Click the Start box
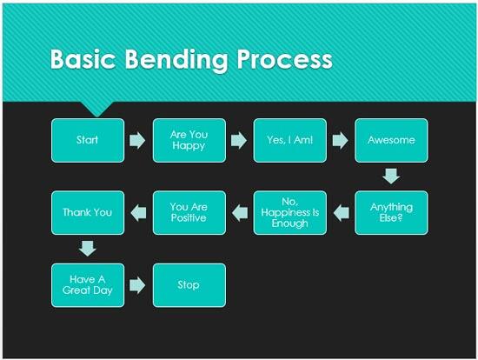click(x=87, y=140)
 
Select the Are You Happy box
click(x=189, y=140)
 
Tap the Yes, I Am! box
click(x=289, y=140)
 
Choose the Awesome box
click(x=391, y=140)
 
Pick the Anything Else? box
click(x=391, y=212)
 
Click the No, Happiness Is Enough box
click(x=289, y=212)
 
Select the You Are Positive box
click(x=189, y=212)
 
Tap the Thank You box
click(x=87, y=212)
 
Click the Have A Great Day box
click(x=87, y=284)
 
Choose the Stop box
click(x=189, y=284)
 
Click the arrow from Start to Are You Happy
click(x=137, y=140)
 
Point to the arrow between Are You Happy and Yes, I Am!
click(x=239, y=140)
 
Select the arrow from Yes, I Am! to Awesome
click(x=340, y=140)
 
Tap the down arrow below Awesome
click(x=391, y=176)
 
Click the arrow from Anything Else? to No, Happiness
click(x=340, y=212)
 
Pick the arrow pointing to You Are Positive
click(x=239, y=212)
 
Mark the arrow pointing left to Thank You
click(x=137, y=212)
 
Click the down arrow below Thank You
click(x=87, y=248)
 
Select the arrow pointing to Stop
click(x=137, y=284)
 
